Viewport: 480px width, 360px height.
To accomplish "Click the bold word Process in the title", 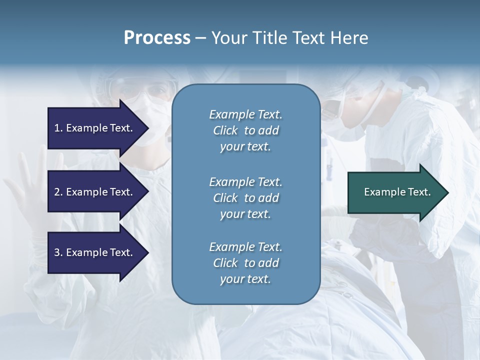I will (157, 38).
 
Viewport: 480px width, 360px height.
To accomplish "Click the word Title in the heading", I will (270, 38).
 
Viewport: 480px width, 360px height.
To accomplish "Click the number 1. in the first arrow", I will (58, 128).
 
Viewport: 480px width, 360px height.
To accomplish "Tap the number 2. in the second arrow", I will (58, 192).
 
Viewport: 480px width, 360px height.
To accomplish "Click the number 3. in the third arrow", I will (58, 252).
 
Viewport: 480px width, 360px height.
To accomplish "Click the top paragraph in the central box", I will (245, 130).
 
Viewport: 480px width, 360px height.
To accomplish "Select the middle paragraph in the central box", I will (245, 197).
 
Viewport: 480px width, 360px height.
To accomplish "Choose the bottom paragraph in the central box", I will (245, 263).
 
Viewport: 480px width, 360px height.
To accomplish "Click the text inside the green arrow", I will (397, 192).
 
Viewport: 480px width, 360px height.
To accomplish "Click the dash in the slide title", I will (201, 38).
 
